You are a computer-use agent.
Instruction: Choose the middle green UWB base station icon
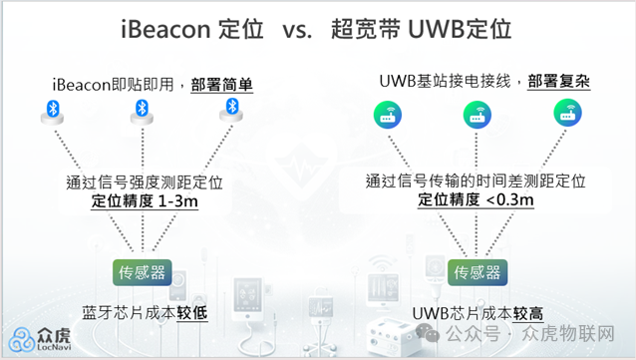click(x=476, y=115)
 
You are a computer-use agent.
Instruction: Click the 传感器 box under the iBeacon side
click(x=142, y=271)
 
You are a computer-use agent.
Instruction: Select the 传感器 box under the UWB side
click(x=476, y=272)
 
